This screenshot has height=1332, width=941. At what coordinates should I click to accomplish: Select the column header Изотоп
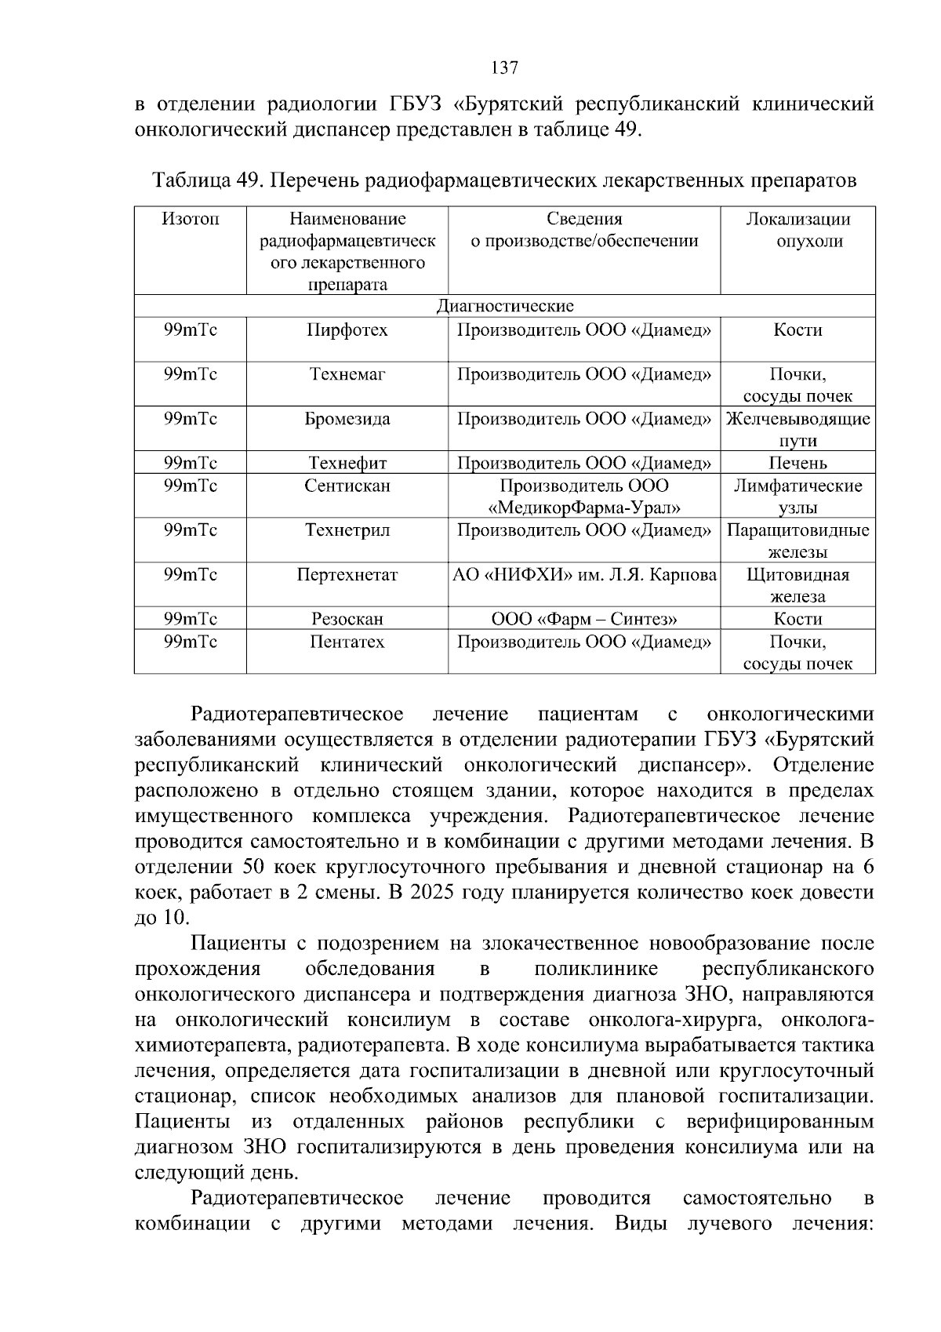(x=191, y=219)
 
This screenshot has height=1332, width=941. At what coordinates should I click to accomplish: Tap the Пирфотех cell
(x=347, y=330)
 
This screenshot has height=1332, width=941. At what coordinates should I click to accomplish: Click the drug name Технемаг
(x=347, y=374)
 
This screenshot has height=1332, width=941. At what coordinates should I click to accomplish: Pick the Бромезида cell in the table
(x=347, y=419)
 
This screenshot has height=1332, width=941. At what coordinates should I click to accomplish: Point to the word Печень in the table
(x=797, y=463)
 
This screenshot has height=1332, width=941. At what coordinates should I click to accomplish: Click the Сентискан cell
(x=347, y=486)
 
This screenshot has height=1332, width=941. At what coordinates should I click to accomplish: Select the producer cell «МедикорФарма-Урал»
(x=584, y=508)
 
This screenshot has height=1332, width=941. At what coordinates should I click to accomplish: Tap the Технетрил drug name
(x=347, y=530)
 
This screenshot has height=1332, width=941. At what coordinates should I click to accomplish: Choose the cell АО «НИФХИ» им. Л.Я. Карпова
(x=584, y=575)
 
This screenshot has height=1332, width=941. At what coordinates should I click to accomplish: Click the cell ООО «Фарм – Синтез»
(x=584, y=619)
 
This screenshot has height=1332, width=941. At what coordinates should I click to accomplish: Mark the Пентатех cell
(x=347, y=642)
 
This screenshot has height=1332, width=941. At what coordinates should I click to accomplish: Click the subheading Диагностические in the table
(x=505, y=306)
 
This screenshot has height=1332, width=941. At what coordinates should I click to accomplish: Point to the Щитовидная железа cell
(x=797, y=585)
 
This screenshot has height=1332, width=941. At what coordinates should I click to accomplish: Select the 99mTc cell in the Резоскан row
(x=191, y=619)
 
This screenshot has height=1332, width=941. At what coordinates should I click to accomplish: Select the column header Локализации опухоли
(x=797, y=230)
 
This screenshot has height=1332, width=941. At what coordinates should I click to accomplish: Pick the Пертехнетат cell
(x=347, y=575)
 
